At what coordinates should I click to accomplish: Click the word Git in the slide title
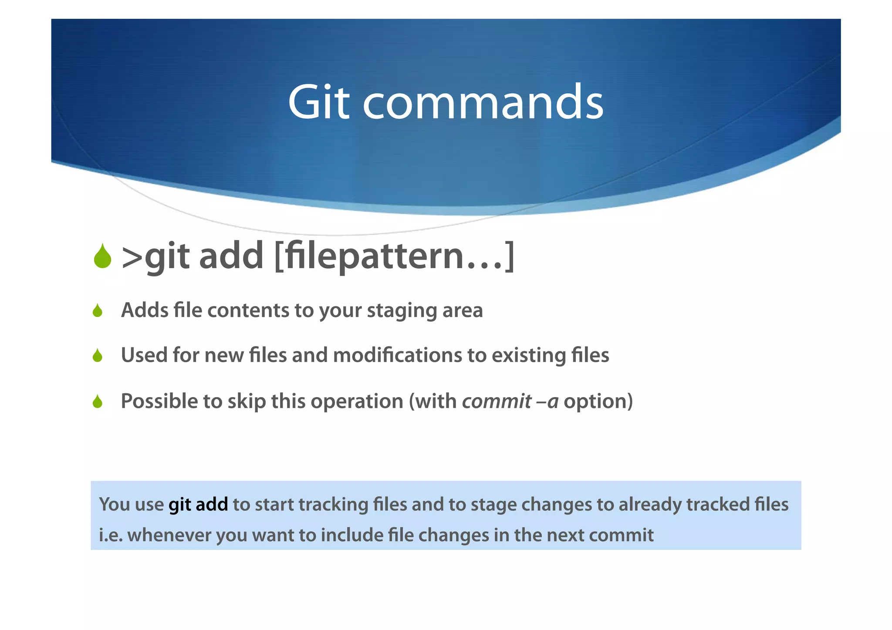coord(318,102)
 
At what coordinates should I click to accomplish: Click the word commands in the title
coord(483,102)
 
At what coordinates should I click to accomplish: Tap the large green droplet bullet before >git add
coord(102,256)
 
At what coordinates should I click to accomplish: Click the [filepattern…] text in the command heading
coord(394,256)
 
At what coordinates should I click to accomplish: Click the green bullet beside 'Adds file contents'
coord(98,311)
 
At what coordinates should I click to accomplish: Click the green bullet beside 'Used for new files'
coord(98,356)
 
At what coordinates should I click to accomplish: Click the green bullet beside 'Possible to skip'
coord(98,401)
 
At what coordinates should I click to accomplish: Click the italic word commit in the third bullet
coord(497,401)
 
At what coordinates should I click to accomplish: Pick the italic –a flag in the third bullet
coord(547,401)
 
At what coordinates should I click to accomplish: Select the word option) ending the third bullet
coord(598,401)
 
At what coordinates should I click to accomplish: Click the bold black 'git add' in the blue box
coord(198,505)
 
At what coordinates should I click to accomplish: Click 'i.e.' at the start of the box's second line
coord(111,535)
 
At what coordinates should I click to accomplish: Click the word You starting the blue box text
coord(115,504)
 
